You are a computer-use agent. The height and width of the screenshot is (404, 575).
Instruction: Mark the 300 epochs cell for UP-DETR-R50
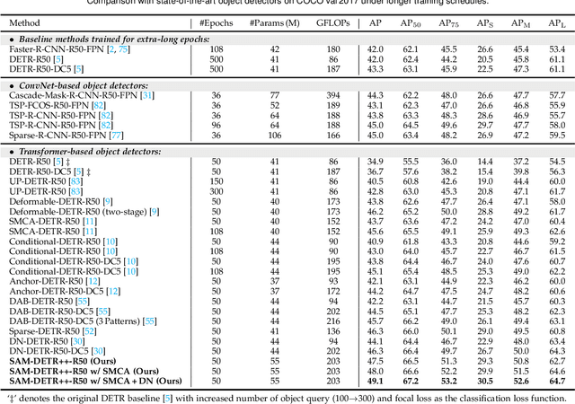click(x=190, y=190)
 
